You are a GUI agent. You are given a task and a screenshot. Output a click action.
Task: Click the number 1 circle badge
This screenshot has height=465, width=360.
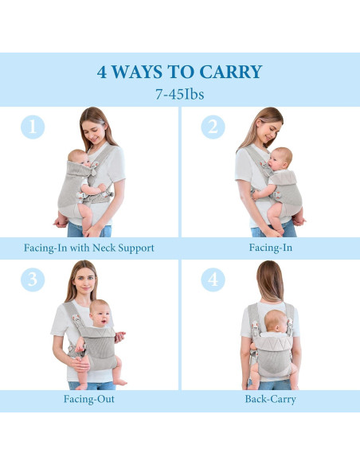32,127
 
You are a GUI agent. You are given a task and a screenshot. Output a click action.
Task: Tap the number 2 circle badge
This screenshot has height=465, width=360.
213,127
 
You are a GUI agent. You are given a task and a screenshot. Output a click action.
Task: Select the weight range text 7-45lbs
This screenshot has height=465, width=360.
179,93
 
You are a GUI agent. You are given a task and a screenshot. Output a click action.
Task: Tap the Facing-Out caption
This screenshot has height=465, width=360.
89,399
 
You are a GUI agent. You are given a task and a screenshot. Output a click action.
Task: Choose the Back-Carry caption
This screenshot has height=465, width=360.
270,399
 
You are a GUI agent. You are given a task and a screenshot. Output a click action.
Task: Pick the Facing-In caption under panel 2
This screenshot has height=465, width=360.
270,248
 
